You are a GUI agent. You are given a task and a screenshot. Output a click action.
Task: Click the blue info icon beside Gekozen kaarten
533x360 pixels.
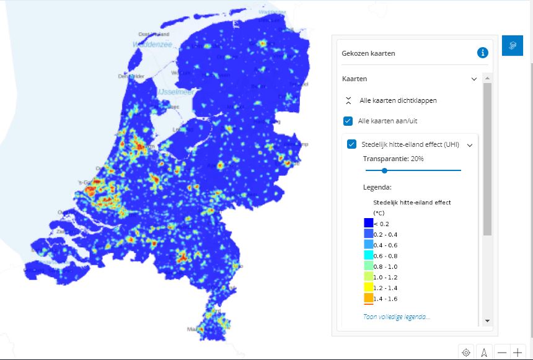pyautogui.click(x=482, y=53)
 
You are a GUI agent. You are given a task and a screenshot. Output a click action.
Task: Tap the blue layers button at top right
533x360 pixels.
pyautogui.click(x=512, y=46)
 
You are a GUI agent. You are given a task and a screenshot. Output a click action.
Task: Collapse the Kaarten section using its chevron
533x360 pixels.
pyautogui.click(x=474, y=79)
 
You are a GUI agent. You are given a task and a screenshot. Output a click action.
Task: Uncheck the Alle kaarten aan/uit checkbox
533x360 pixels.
pyautogui.click(x=348, y=121)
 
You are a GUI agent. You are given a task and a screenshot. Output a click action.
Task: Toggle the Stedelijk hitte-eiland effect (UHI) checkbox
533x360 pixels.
pyautogui.click(x=352, y=144)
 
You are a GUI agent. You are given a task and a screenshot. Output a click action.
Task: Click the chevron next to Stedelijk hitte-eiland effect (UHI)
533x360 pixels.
pyautogui.click(x=470, y=145)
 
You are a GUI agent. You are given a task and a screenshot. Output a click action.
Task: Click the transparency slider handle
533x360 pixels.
pyautogui.click(x=384, y=170)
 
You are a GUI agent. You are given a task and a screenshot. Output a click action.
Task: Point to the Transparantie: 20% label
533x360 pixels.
pyautogui.click(x=394, y=159)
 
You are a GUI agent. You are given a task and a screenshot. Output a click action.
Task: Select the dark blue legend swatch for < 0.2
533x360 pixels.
pyautogui.click(x=368, y=223)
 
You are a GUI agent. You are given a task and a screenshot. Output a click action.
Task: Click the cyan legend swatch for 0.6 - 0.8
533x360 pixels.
pyautogui.click(x=368, y=256)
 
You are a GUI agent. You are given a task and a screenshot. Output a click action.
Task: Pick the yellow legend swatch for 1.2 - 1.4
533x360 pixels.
pyautogui.click(x=368, y=288)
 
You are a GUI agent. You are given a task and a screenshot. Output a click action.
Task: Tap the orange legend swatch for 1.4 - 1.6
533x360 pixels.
pyautogui.click(x=368, y=299)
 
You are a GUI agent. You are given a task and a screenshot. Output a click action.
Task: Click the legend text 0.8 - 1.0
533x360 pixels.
pyautogui.click(x=385, y=266)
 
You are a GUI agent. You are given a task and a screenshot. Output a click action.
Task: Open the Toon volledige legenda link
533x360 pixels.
pyautogui.click(x=397, y=317)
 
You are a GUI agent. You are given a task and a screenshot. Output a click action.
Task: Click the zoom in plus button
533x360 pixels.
pyautogui.click(x=518, y=353)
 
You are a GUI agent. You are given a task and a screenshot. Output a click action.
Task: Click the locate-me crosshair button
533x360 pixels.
pyautogui.click(x=466, y=353)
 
